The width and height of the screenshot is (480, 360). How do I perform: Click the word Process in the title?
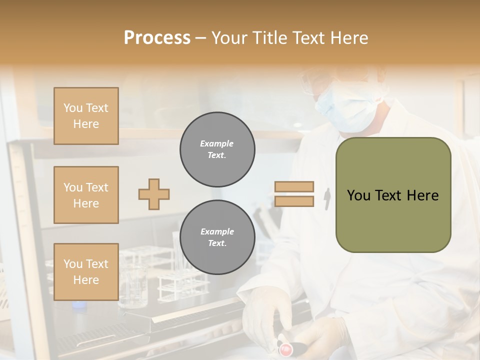[x=157, y=38]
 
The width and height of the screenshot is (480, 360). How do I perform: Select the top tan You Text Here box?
[x=86, y=116]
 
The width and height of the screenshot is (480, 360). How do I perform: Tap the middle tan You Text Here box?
[x=86, y=195]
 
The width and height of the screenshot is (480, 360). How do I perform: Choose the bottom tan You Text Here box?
[x=86, y=272]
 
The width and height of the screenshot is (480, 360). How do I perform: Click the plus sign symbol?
[x=154, y=194]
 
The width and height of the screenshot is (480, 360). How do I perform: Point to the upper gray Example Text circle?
[x=217, y=149]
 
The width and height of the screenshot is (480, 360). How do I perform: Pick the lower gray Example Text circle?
[x=217, y=237]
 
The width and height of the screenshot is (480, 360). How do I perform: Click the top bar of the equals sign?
[x=294, y=187]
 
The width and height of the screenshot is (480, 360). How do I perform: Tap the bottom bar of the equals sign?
[x=294, y=201]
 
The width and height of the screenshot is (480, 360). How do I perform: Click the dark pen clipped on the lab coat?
[x=327, y=198]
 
